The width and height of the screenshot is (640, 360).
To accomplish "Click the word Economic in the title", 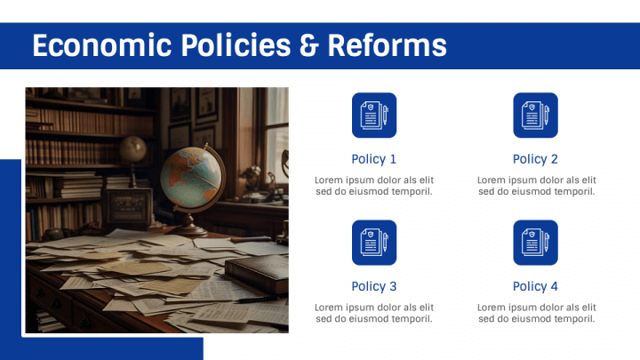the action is (102, 45).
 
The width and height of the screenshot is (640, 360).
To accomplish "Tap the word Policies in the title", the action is (236, 45).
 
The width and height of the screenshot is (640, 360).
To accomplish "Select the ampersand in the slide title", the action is (308, 45).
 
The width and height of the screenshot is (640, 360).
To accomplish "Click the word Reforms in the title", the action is (387, 45).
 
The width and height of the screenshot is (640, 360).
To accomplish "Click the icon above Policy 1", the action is (374, 115).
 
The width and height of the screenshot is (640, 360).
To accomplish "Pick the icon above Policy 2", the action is (535, 115).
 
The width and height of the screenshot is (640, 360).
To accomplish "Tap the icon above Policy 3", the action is (374, 243).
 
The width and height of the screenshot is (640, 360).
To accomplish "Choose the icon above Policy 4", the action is (535, 243).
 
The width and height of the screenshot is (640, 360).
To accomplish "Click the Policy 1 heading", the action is (374, 159).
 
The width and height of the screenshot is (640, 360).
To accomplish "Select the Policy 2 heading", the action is (535, 159).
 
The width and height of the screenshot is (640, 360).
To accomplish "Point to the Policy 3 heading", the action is (374, 286).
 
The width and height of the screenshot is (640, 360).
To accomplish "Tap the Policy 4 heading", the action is (535, 286).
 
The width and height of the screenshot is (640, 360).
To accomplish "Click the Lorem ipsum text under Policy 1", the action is (374, 186).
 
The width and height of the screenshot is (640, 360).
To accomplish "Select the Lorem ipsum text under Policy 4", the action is (536, 313).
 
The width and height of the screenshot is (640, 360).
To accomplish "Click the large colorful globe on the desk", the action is (191, 178).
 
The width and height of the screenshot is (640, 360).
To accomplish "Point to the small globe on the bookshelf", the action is (133, 149).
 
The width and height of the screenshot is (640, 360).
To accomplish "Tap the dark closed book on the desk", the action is (257, 273).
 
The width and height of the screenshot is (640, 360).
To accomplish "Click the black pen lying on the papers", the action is (257, 300).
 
